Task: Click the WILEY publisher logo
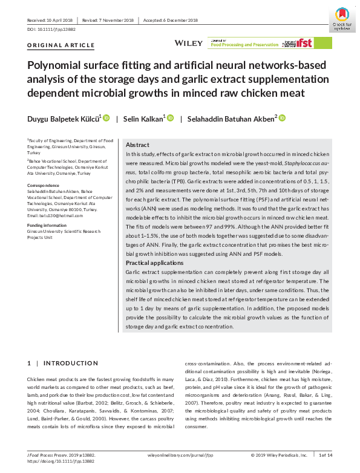pyautogui.click(x=188, y=43)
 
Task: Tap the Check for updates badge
pyautogui.click(x=342, y=18)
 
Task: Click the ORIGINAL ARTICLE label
pyautogui.click(x=61, y=45)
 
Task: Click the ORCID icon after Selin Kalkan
pyautogui.click(x=170, y=118)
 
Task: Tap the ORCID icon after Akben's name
pyautogui.click(x=281, y=118)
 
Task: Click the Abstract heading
pyautogui.click(x=137, y=146)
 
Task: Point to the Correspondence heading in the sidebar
pyautogui.click(x=43, y=185)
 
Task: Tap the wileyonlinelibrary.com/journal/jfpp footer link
pyautogui.click(x=180, y=455)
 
